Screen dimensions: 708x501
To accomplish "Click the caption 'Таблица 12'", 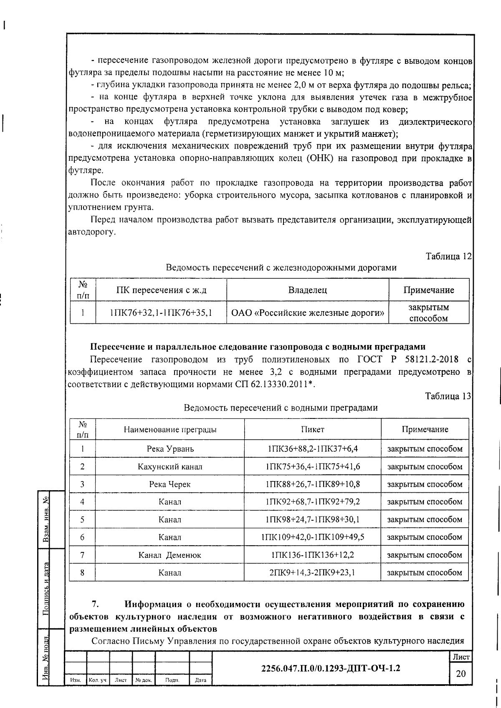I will point(448,256).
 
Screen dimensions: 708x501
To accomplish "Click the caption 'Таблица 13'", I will point(448,396).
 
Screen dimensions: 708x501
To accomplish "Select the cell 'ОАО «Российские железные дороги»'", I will point(308,312).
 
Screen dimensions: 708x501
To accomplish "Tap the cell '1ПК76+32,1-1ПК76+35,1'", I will point(161,312).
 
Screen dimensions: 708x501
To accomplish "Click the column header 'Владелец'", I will point(308,290).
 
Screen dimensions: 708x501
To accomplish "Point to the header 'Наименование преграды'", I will point(170,429).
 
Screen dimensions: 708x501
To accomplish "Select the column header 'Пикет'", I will point(313,429).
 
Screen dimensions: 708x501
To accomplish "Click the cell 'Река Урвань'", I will point(170,449).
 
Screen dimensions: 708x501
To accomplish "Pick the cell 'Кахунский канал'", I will point(170,466).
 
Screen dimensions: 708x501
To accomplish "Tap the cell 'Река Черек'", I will point(170,484).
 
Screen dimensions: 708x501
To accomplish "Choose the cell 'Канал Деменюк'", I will point(170,555).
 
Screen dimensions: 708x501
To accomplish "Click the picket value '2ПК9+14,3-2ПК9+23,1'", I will point(313,573).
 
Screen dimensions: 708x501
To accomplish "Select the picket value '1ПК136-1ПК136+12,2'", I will point(313,555).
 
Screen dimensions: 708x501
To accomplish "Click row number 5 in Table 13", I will point(82,519).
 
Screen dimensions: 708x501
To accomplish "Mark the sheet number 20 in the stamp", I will point(461,674).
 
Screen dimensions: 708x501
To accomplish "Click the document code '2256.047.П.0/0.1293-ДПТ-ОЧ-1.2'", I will point(330,668).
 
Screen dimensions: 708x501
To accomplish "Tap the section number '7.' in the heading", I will point(96,604).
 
